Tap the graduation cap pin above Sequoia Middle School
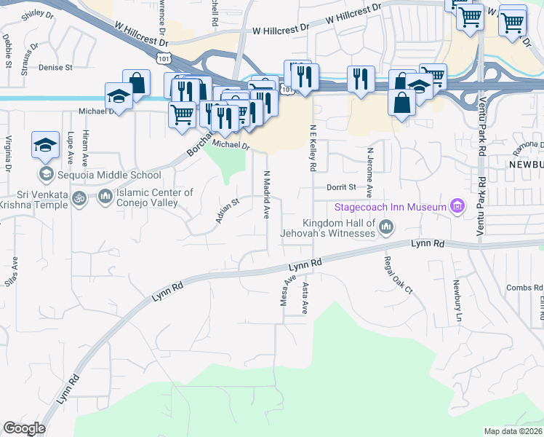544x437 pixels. [x=45, y=145]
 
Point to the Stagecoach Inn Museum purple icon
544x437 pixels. [x=457, y=207]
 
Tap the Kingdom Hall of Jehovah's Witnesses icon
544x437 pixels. [x=385, y=228]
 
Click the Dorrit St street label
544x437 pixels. [x=340, y=186]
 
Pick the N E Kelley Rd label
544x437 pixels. [x=313, y=148]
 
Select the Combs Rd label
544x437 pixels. [x=524, y=288]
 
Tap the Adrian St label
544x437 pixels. [x=228, y=210]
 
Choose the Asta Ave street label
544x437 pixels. [x=305, y=299]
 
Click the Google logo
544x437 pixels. [x=24, y=428]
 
